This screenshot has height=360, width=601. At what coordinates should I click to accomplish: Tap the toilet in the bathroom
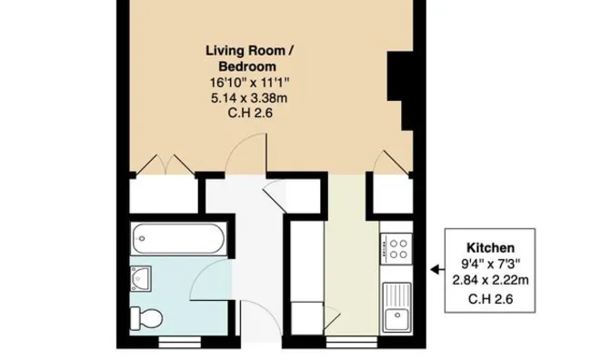(x=145, y=317)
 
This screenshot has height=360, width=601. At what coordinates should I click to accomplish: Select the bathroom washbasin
(x=141, y=275)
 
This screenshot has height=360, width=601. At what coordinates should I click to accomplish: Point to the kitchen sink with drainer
(x=396, y=306)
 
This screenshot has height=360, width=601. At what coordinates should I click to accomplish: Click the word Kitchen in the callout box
(x=491, y=247)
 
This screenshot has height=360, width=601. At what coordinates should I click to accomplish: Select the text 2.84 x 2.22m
(x=491, y=280)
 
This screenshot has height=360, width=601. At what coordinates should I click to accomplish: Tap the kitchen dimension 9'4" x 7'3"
(x=491, y=264)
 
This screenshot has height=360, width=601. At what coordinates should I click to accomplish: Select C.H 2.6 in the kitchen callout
(x=491, y=298)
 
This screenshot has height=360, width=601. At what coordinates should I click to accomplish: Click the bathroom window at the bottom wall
(x=173, y=343)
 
